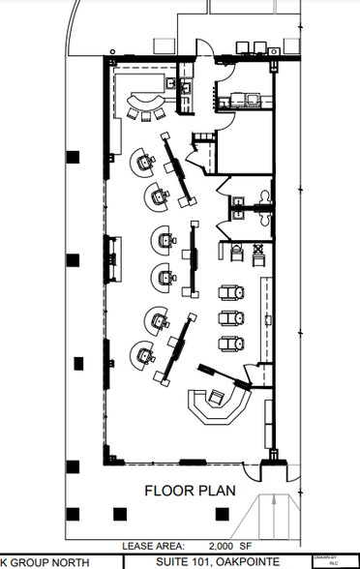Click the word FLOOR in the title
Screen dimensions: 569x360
166,490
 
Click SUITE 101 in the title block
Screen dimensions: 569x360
188,561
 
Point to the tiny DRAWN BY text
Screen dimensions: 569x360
319,556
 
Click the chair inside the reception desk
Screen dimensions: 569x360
219,396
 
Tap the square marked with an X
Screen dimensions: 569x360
257,251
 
